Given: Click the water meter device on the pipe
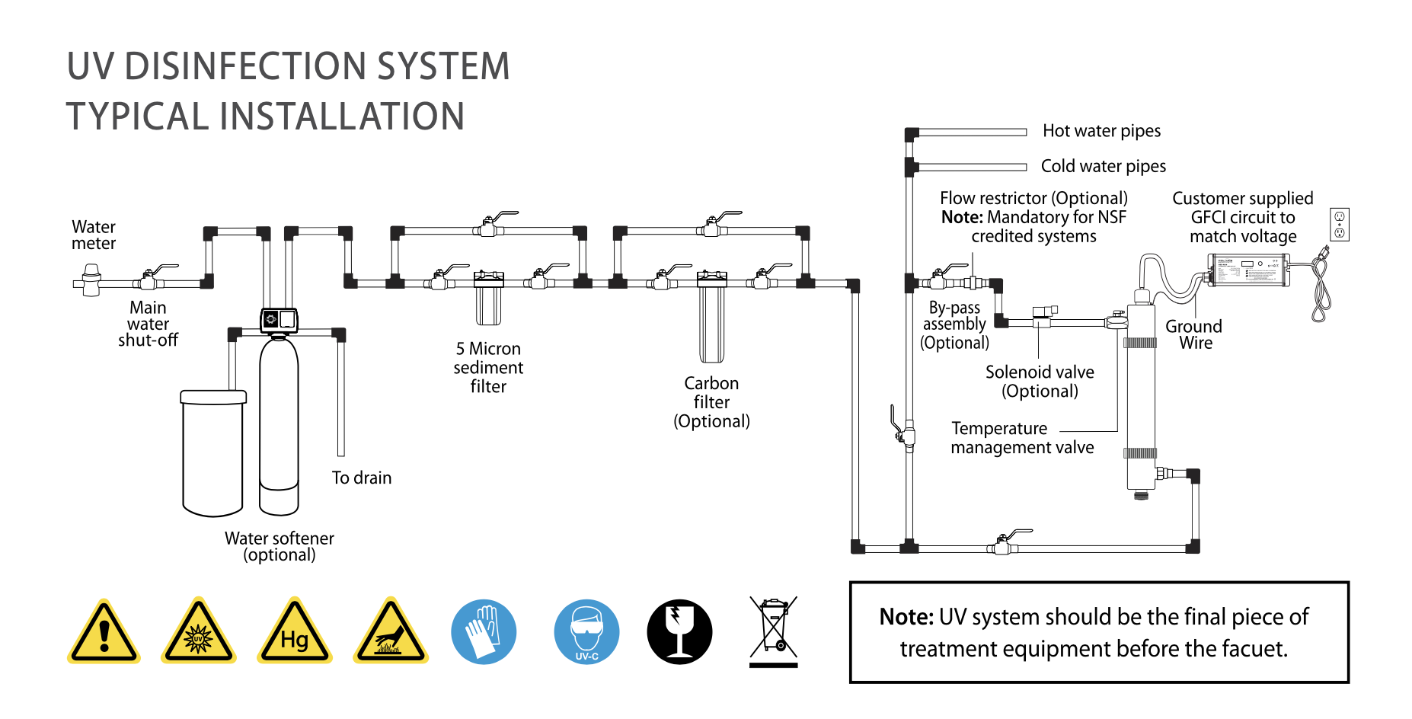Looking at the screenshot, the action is pos(91,280).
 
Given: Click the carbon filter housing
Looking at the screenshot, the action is pos(712,316).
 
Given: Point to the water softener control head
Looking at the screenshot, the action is pos(279,321).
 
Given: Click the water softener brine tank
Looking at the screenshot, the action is pos(213,453).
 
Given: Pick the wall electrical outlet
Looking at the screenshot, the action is pos(1340,225).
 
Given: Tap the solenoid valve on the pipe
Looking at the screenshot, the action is pos(1043,317).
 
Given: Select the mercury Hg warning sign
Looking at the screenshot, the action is pos(295,631).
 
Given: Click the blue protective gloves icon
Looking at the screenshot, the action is pos(484,631).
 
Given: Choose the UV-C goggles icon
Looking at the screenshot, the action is pos(586,631).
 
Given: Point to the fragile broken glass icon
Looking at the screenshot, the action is pos(679,631).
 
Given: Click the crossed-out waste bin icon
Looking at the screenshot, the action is pos(774,631).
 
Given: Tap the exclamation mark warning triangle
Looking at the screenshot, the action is pos(104,631).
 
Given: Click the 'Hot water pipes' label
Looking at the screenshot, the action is pos(1101,131).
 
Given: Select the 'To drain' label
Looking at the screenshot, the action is pos(362,478).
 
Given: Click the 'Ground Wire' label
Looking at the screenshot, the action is pos(1194,334).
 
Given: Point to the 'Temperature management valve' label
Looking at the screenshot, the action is pos(1022,438).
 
